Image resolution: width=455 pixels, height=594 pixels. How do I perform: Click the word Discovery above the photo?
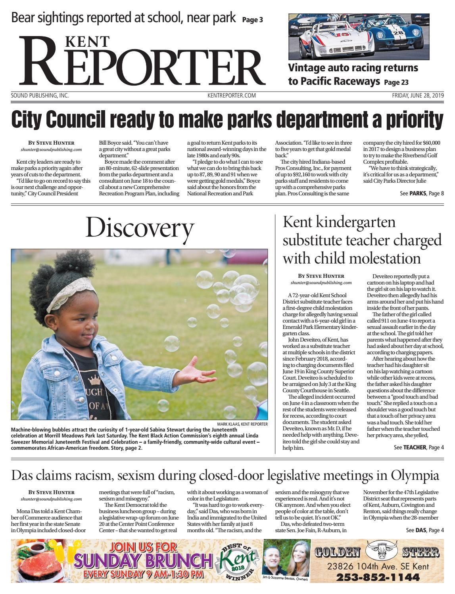point(140,228)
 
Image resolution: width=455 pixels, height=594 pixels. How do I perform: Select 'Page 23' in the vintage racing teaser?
point(396,82)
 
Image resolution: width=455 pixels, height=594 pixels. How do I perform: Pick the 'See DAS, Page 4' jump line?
point(425,530)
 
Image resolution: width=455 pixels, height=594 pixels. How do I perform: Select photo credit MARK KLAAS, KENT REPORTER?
point(242,424)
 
